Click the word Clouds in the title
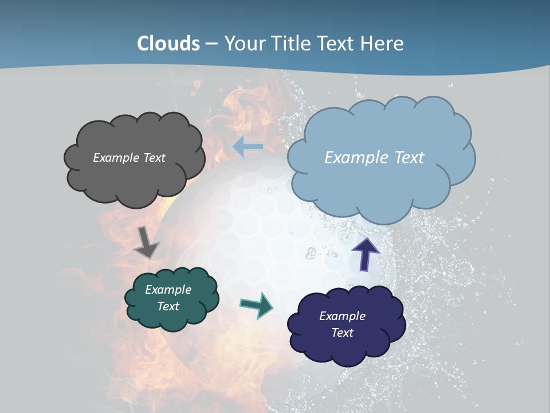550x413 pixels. pos(168,44)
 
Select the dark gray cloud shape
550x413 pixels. pos(134,172)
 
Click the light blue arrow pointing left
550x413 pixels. pos(247,147)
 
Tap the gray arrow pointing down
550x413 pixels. pos(147,242)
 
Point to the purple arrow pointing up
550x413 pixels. pos(365,254)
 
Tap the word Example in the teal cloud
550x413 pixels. pos(168,290)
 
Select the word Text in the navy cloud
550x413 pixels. pos(342,333)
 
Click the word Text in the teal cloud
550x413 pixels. pos(168,306)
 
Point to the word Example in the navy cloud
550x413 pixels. pos(342,316)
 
